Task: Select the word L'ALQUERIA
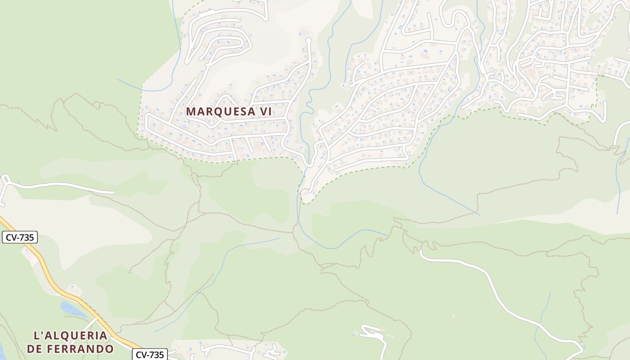(x=71, y=336)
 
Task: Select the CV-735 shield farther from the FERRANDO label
(x=19, y=237)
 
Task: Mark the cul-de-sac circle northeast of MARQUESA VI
(x=308, y=40)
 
